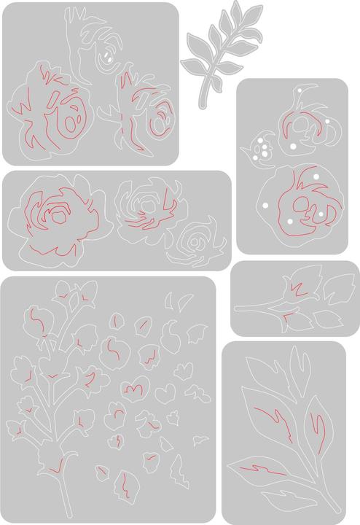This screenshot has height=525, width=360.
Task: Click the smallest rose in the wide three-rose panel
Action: coord(195,241)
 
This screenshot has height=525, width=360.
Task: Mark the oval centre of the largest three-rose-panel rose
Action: coord(57,214)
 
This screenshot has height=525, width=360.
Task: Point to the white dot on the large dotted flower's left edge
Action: coord(265,206)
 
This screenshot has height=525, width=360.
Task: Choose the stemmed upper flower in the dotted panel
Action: coord(302,128)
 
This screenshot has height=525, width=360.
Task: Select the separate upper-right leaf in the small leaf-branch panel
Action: coord(337,288)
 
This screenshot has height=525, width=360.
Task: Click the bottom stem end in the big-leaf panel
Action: coord(337,507)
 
